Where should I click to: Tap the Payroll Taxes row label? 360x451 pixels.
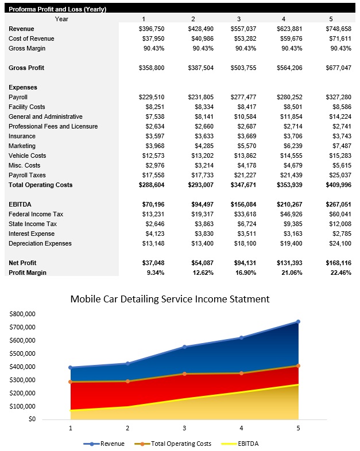point(27,175)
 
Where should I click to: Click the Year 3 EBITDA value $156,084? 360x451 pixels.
point(244,204)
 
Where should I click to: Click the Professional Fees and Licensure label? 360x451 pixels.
point(53,126)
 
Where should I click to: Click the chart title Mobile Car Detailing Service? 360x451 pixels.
point(169,299)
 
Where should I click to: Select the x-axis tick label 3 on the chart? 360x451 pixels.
point(184,427)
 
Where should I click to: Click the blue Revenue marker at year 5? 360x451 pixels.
point(298,322)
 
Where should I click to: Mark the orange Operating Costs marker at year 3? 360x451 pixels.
point(184,374)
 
